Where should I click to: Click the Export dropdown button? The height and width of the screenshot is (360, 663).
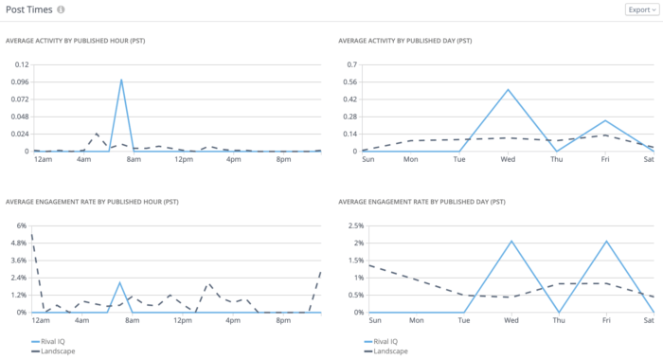pos(641,9)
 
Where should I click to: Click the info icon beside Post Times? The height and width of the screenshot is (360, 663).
pos(62,9)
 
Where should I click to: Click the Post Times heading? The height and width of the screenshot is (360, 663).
pos(28,9)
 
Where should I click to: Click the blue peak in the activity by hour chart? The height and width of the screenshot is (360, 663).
pos(121,80)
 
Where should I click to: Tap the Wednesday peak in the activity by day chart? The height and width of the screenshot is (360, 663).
pos(509,90)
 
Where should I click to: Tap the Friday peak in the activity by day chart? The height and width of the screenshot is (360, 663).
pos(605,120)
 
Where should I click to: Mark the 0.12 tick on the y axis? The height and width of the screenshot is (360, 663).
pos(21,64)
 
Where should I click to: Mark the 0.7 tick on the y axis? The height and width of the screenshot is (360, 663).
pos(350,64)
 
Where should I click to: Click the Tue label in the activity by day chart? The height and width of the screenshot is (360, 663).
pos(460,159)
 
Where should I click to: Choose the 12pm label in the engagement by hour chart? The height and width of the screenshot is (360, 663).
pos(183,320)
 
